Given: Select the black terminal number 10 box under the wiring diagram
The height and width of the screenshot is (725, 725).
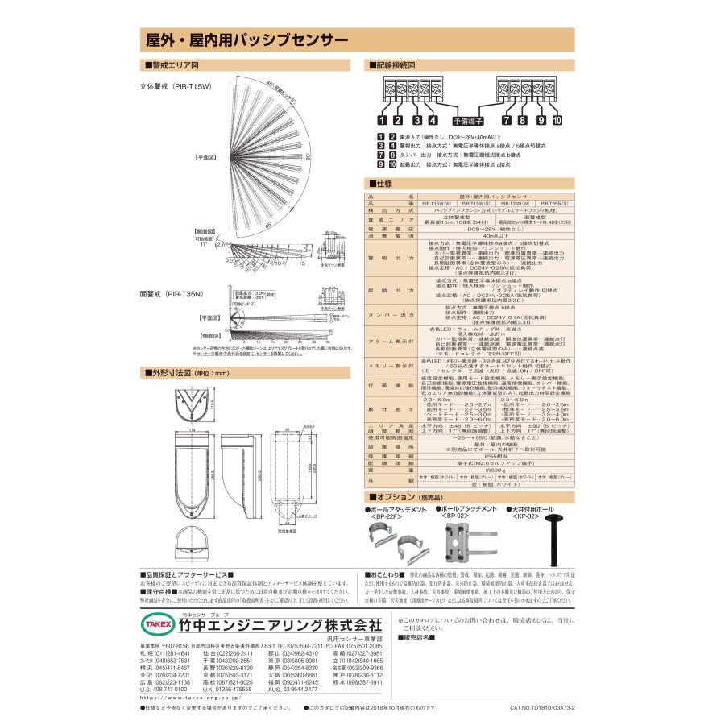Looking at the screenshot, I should [557, 121].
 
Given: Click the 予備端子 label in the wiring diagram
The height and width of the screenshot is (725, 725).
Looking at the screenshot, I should [467, 120].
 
